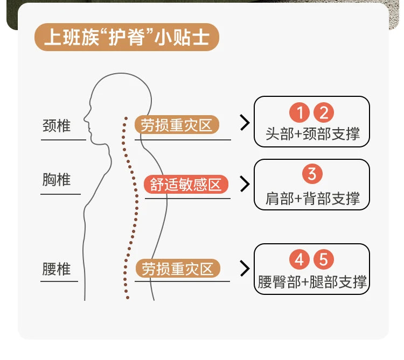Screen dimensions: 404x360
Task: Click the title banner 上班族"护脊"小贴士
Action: [127, 37]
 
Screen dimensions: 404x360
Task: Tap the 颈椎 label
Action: [57, 126]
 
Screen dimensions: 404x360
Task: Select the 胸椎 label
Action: [57, 179]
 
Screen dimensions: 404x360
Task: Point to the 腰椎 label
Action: [57, 269]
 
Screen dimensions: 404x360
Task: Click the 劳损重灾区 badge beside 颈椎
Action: [177, 125]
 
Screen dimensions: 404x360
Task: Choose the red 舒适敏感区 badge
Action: [186, 184]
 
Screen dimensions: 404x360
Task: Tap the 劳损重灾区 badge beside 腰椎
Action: [178, 269]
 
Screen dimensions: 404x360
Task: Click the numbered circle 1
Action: [299, 112]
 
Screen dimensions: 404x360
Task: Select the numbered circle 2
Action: [324, 112]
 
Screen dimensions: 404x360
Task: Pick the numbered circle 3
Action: [312, 174]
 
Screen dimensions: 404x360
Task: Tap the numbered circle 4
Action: [299, 259]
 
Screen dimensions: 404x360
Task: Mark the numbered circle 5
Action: [324, 259]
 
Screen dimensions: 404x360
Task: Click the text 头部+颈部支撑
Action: [312, 134]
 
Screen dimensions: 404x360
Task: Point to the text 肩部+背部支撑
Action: [312, 199]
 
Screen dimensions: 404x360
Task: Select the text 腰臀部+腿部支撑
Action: [312, 282]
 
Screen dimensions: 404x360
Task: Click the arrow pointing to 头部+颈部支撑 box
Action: [245, 123]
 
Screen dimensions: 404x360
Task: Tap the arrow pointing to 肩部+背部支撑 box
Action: [245, 184]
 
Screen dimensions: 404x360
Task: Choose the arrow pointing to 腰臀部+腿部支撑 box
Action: [245, 269]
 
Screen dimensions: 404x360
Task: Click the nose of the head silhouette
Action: [85, 119]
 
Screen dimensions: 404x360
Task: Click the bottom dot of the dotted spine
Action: [128, 298]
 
